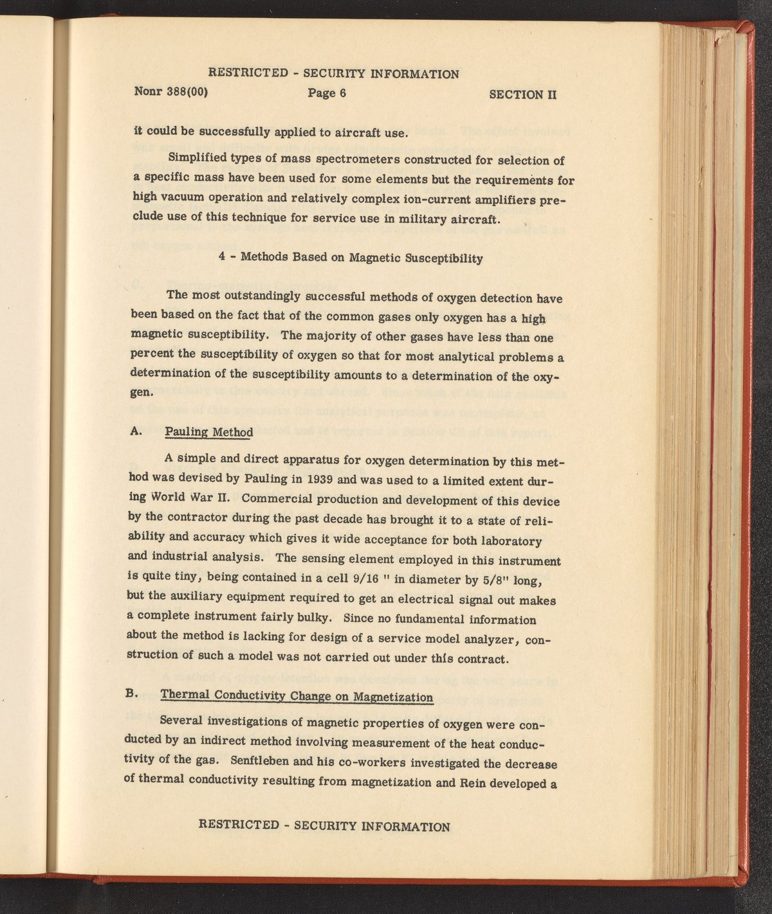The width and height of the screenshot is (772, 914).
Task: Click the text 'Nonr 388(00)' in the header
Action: [170, 91]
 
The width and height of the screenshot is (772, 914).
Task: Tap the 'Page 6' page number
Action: [327, 93]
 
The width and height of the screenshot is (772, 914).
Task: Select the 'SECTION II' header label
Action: [522, 94]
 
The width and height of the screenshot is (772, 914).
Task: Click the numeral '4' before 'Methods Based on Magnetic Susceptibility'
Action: [222, 255]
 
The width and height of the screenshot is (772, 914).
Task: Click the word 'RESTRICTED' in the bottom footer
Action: [239, 824]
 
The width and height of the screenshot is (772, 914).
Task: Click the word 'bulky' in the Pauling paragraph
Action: [314, 618]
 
